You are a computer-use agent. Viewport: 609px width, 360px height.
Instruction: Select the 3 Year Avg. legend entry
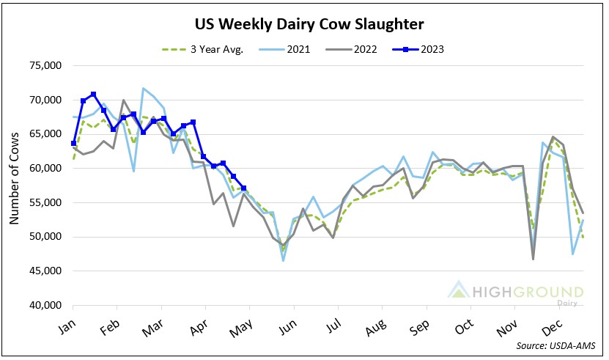coord(207,49)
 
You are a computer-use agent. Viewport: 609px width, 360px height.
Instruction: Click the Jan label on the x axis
coord(67,325)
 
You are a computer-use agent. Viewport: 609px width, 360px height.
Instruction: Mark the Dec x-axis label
coord(551,325)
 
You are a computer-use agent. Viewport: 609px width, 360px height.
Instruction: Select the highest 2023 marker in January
coord(93,94)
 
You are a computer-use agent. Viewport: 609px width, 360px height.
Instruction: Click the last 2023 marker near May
coord(243,188)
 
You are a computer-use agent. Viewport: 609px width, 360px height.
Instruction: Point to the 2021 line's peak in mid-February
coord(144,88)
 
